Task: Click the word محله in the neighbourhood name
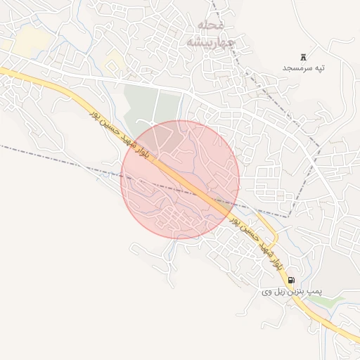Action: (x=211, y=25)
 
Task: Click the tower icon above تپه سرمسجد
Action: (x=304, y=56)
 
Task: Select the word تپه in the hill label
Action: (x=321, y=67)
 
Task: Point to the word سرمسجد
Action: (x=297, y=67)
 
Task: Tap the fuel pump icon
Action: (x=291, y=279)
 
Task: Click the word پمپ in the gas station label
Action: (x=314, y=290)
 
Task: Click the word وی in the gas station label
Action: (x=266, y=290)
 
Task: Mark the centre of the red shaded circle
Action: (x=180, y=179)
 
